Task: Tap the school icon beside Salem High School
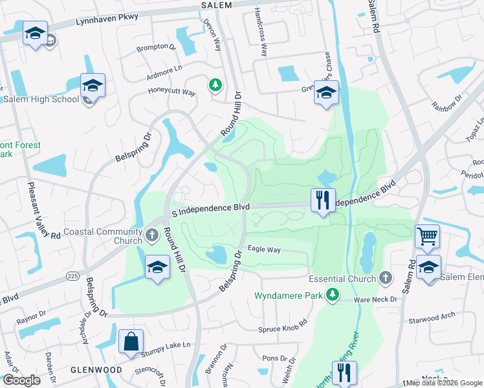[93, 85]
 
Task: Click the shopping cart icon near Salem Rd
[427, 237]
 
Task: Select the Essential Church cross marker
[386, 279]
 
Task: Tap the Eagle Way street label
[264, 249]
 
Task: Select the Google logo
[21, 380]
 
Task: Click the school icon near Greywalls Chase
[326, 92]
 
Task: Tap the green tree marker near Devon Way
[214, 85]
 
